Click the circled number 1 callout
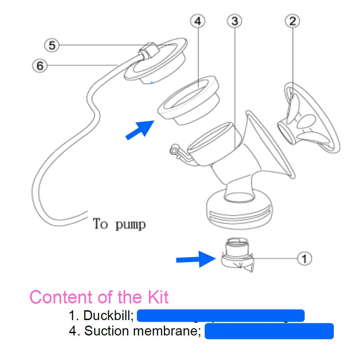(x=304, y=259)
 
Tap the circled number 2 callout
(x=292, y=21)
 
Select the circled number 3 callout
(x=234, y=21)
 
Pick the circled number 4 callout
(x=198, y=21)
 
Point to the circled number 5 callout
(x=52, y=45)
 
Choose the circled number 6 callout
(x=40, y=66)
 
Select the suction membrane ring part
(x=188, y=101)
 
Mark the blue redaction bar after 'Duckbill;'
(x=221, y=316)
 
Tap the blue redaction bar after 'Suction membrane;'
(x=269, y=331)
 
